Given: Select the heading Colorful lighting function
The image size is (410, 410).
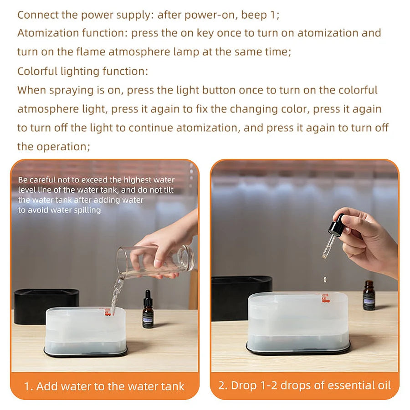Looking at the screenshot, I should point(82,72).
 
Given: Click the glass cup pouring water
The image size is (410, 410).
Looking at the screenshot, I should point(155,261).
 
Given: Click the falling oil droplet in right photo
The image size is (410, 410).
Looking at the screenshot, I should point(324,277).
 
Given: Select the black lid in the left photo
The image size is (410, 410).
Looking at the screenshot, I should point(46,305).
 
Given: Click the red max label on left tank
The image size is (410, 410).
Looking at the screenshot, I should point(108,312).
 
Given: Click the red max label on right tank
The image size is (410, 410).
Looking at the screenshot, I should point(325,297).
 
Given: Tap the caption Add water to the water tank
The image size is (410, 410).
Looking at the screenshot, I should point(104,387).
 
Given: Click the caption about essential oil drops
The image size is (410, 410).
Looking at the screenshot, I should point(304,385).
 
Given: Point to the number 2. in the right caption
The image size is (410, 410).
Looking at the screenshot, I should point(223,385).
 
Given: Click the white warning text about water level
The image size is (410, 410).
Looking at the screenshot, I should point(96,195).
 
